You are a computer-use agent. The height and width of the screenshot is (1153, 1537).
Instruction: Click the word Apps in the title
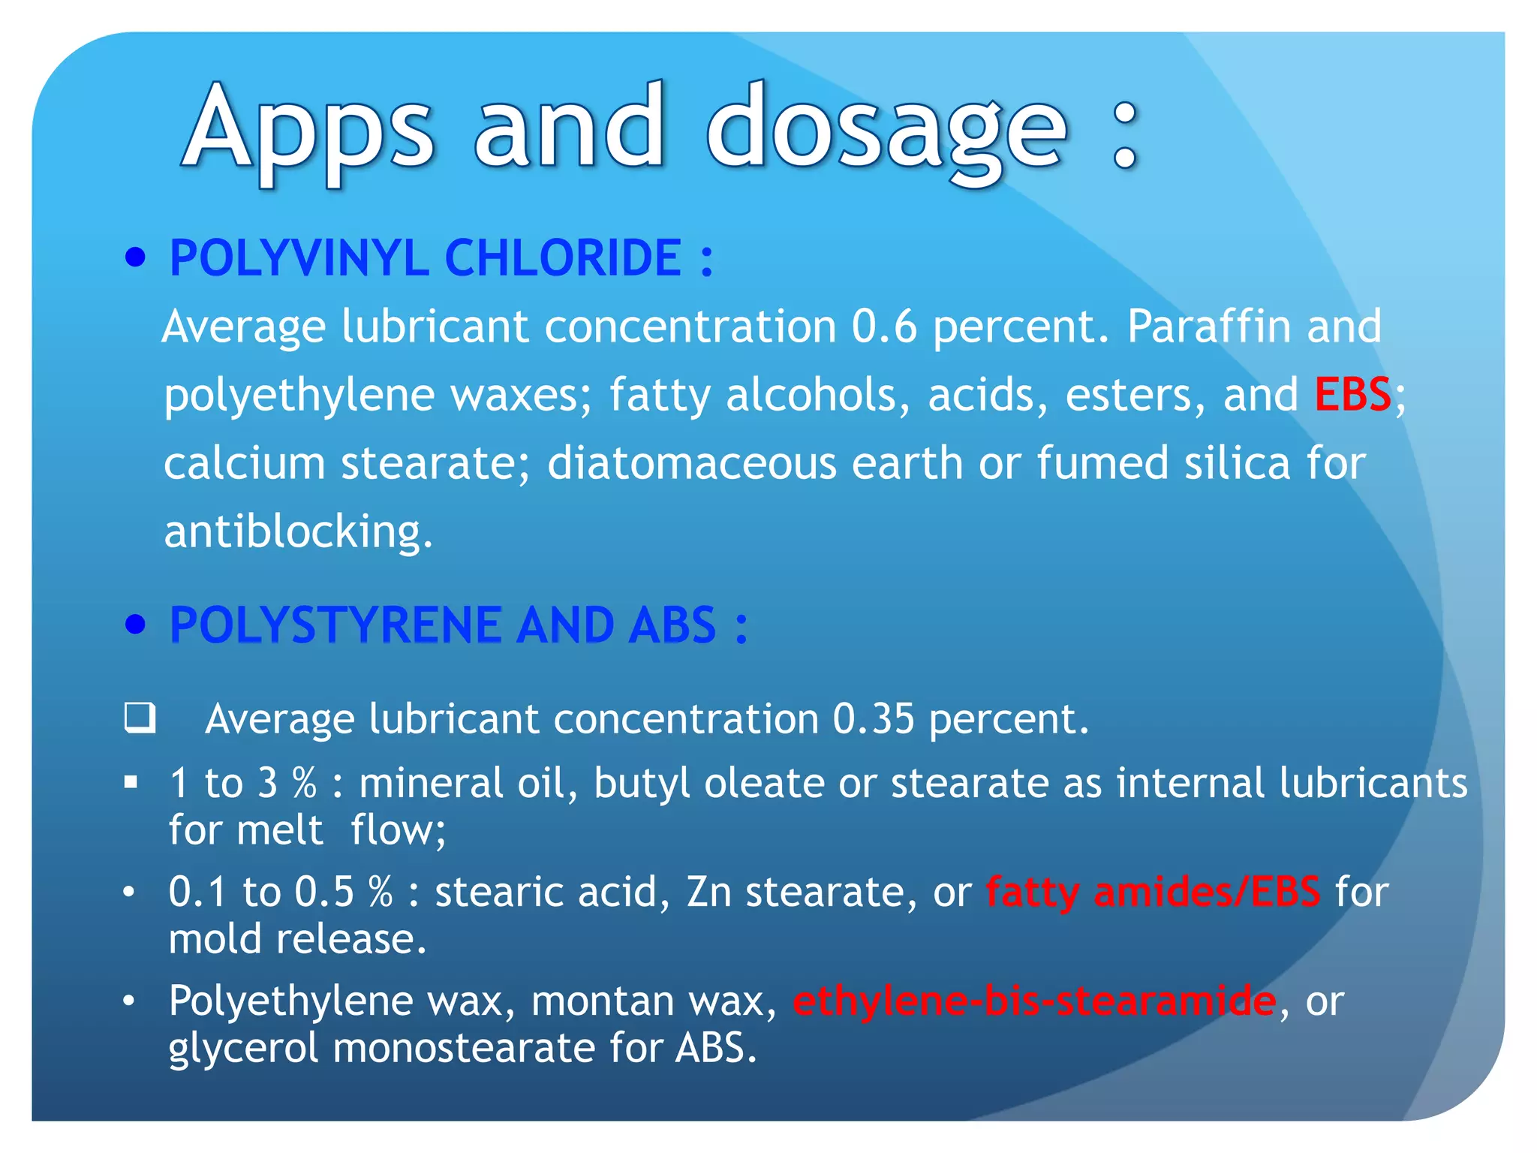308,128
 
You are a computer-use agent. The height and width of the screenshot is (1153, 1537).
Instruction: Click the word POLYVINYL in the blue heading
298,258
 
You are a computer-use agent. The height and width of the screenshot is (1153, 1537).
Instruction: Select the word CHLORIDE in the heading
563,258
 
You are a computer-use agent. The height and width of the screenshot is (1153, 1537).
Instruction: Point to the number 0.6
884,327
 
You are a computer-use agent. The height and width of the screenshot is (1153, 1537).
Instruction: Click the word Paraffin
1208,327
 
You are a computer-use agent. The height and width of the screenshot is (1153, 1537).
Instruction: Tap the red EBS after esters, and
1352,394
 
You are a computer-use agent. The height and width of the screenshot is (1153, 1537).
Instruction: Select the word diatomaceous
691,463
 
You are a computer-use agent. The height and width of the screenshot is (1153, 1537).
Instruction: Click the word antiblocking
298,531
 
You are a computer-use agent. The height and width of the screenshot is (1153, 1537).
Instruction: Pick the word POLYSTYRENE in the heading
335,625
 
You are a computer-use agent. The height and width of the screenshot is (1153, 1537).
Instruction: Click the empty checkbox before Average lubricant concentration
140,718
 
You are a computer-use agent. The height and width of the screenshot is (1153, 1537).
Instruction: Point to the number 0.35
874,719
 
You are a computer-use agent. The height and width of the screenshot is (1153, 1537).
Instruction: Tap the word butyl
641,783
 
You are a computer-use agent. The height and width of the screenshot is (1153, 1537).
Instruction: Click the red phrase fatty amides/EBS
1153,893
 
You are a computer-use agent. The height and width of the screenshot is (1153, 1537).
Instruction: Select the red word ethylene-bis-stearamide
1034,1001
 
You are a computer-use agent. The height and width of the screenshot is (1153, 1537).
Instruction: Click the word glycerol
243,1048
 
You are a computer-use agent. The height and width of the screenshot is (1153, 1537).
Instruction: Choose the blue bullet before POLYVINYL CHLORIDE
135,258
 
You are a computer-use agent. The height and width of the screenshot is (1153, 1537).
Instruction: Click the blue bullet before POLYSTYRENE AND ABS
135,625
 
